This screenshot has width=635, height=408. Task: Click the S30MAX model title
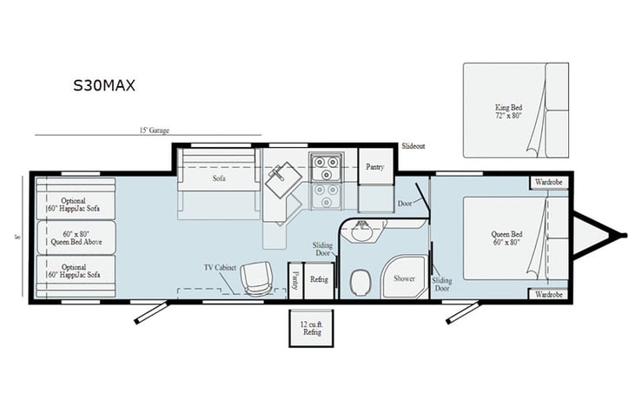tap(103, 86)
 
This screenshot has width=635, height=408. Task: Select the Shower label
tap(405, 279)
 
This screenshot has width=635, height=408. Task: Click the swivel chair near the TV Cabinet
tap(257, 278)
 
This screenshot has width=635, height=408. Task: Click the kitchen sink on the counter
tap(283, 182)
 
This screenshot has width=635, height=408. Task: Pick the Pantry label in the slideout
tap(375, 166)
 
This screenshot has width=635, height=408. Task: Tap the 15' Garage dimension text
tap(154, 130)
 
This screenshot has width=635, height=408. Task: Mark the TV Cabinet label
tap(221, 266)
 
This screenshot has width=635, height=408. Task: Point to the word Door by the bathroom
tap(406, 203)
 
